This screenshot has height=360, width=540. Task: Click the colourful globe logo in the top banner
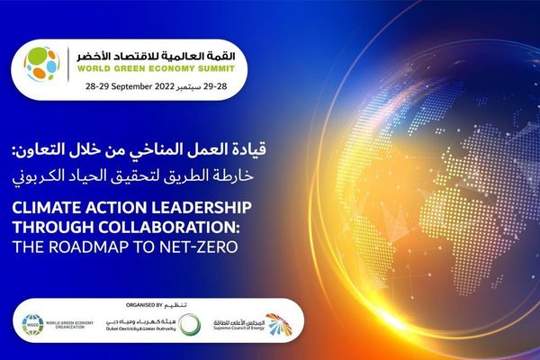pos(41,64)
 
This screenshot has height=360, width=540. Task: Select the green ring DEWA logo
pos(188,324)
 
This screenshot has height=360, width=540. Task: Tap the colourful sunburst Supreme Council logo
pos(280,324)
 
